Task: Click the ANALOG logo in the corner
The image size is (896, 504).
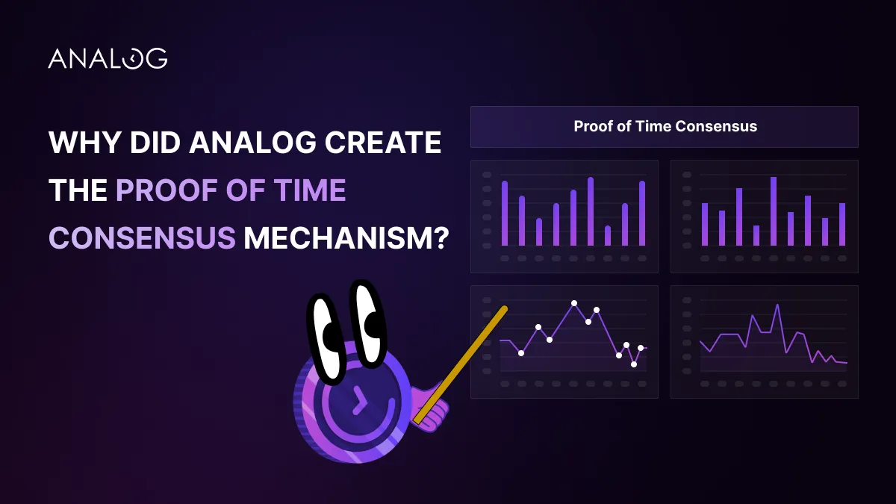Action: point(108,58)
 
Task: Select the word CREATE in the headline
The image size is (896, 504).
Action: point(383,142)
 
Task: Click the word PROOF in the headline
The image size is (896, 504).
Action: point(167,190)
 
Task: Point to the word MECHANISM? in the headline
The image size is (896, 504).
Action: point(346,237)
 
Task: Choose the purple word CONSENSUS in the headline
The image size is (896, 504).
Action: point(142,237)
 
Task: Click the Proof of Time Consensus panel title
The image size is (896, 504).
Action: point(665,126)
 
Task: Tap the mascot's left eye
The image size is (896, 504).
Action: point(326,338)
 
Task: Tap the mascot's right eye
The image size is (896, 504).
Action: point(368,324)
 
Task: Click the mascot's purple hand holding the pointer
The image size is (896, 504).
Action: point(430,409)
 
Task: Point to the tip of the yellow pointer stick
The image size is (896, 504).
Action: point(505,309)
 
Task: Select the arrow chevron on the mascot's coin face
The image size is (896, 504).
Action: point(360,400)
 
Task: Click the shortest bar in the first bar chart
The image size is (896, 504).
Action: point(608,236)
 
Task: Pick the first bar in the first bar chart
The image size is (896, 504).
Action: point(505,214)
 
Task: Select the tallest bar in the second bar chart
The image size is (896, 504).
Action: point(774,211)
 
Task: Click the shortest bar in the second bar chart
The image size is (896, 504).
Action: point(756,236)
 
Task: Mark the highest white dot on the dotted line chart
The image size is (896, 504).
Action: point(574,303)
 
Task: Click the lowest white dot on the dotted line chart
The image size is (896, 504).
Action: point(634,364)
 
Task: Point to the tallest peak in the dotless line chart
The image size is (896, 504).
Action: point(777,305)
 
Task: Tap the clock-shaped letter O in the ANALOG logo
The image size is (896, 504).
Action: point(133,59)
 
